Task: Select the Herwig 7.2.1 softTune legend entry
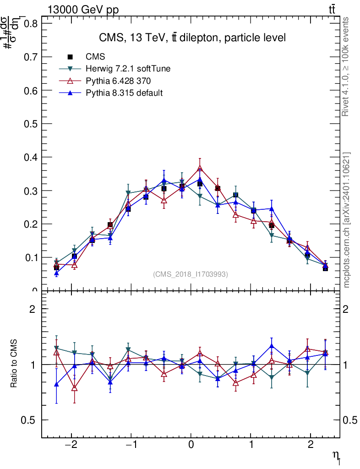(128, 69)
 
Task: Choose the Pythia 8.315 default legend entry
(124, 93)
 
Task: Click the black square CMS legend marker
(70, 57)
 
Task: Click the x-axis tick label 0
(191, 445)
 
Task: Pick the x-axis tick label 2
(311, 445)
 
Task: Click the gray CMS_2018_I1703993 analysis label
(191, 274)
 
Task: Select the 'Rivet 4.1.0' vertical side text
(346, 67)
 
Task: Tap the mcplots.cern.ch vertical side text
(346, 220)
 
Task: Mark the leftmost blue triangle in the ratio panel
(56, 384)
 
